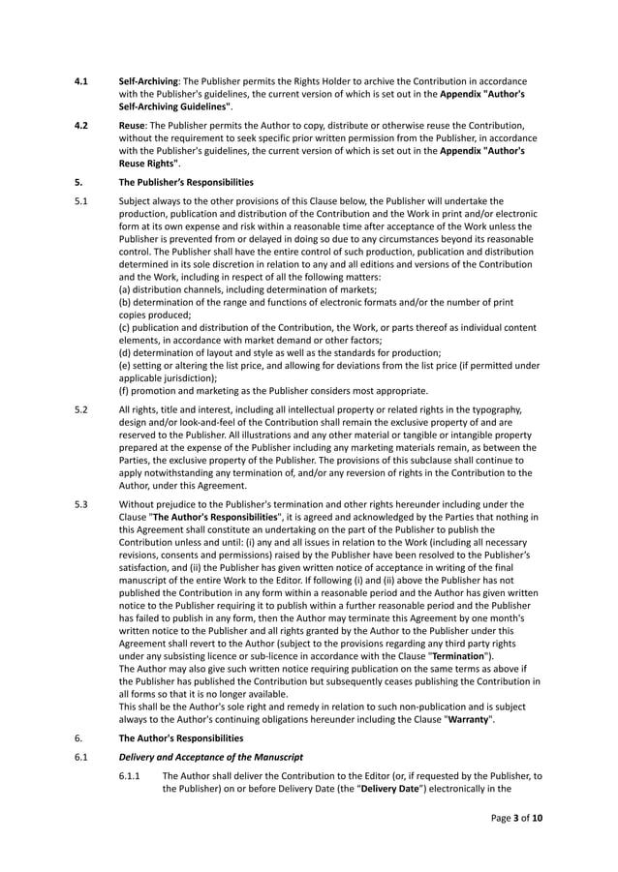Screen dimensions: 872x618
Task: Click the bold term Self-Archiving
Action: (x=148, y=81)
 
